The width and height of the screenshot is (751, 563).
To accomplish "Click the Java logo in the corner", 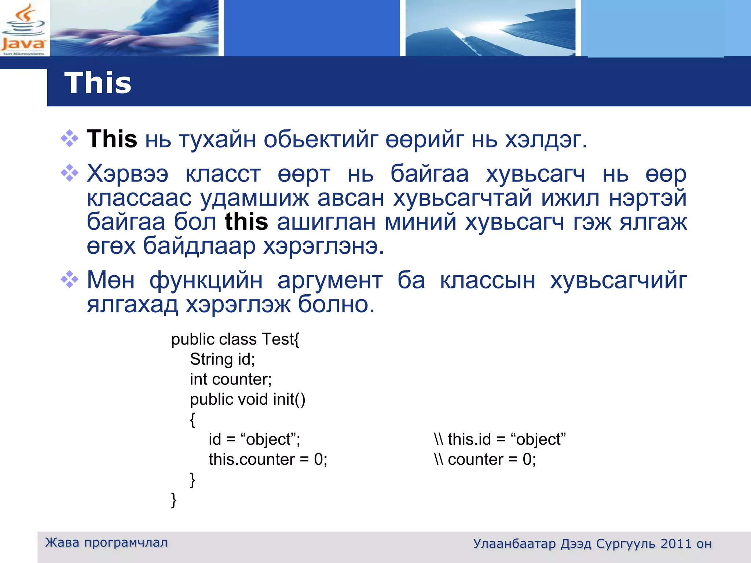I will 23,29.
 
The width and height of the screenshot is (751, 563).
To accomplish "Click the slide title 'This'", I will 98,83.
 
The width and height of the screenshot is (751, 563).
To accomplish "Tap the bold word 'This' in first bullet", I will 112,139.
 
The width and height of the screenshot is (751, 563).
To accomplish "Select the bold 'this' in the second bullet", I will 246,222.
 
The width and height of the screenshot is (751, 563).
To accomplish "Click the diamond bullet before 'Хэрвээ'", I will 70,173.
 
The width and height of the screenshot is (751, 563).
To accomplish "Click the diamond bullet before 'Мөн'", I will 70,280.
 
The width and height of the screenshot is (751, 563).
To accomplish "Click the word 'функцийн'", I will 206,280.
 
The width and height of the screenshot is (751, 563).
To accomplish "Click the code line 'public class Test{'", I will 235,339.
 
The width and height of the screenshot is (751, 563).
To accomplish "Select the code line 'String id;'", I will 222,359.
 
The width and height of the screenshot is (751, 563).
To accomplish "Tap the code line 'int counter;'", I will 231,379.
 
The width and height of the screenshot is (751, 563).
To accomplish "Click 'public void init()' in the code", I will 248,399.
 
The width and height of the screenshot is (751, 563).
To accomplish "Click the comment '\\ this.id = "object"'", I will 500,439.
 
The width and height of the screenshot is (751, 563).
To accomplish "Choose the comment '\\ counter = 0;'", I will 485,459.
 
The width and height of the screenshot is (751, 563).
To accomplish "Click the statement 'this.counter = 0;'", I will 268,459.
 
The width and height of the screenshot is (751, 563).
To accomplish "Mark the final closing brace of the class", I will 174,500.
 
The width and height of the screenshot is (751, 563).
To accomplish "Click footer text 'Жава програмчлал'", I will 106,542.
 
